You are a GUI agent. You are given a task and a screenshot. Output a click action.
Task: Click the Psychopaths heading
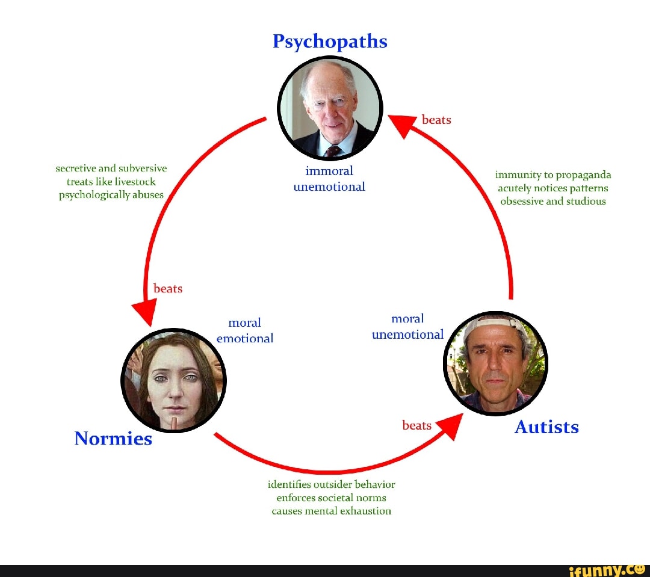pos(330,42)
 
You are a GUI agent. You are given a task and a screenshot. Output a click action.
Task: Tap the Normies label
pos(113,439)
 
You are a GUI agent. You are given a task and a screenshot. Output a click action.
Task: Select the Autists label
pos(546,427)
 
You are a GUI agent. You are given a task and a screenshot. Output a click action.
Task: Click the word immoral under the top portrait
pos(329,171)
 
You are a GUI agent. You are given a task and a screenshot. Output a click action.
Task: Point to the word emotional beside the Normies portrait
pos(244,339)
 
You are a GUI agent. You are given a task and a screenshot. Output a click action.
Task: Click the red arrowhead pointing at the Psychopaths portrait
pos(401,125)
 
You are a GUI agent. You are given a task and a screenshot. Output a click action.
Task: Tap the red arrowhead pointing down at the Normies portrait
pos(144,312)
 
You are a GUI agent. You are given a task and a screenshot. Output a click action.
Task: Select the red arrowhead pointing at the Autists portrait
pos(451,426)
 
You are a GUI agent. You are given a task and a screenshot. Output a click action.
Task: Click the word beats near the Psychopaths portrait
pos(436,120)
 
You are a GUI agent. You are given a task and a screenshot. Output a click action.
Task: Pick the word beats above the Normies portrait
pos(168,289)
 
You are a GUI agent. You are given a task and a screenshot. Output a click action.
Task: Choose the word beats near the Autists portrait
pos(416,426)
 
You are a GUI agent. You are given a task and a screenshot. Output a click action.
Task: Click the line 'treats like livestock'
pos(111,182)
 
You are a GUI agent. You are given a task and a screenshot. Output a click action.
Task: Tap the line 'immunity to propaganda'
pos(553,175)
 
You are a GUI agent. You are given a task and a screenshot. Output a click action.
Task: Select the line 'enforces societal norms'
pos(331,498)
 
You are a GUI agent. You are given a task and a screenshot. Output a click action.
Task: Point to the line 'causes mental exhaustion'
pos(331,511)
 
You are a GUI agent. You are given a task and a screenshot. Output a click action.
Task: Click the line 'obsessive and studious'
pos(553,202)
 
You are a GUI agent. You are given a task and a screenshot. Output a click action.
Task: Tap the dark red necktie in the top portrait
pos(333,151)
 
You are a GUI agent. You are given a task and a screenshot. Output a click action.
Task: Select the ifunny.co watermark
pos(607,571)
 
